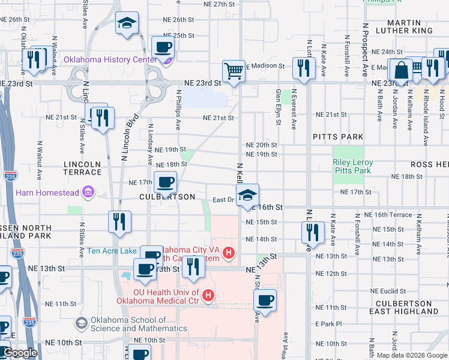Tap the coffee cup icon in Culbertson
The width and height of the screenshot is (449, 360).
165,182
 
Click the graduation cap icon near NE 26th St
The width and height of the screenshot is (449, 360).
126,24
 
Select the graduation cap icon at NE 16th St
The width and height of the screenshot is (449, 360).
247,195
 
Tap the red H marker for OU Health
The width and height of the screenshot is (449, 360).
208,295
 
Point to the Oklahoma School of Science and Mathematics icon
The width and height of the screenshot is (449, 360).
80,323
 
